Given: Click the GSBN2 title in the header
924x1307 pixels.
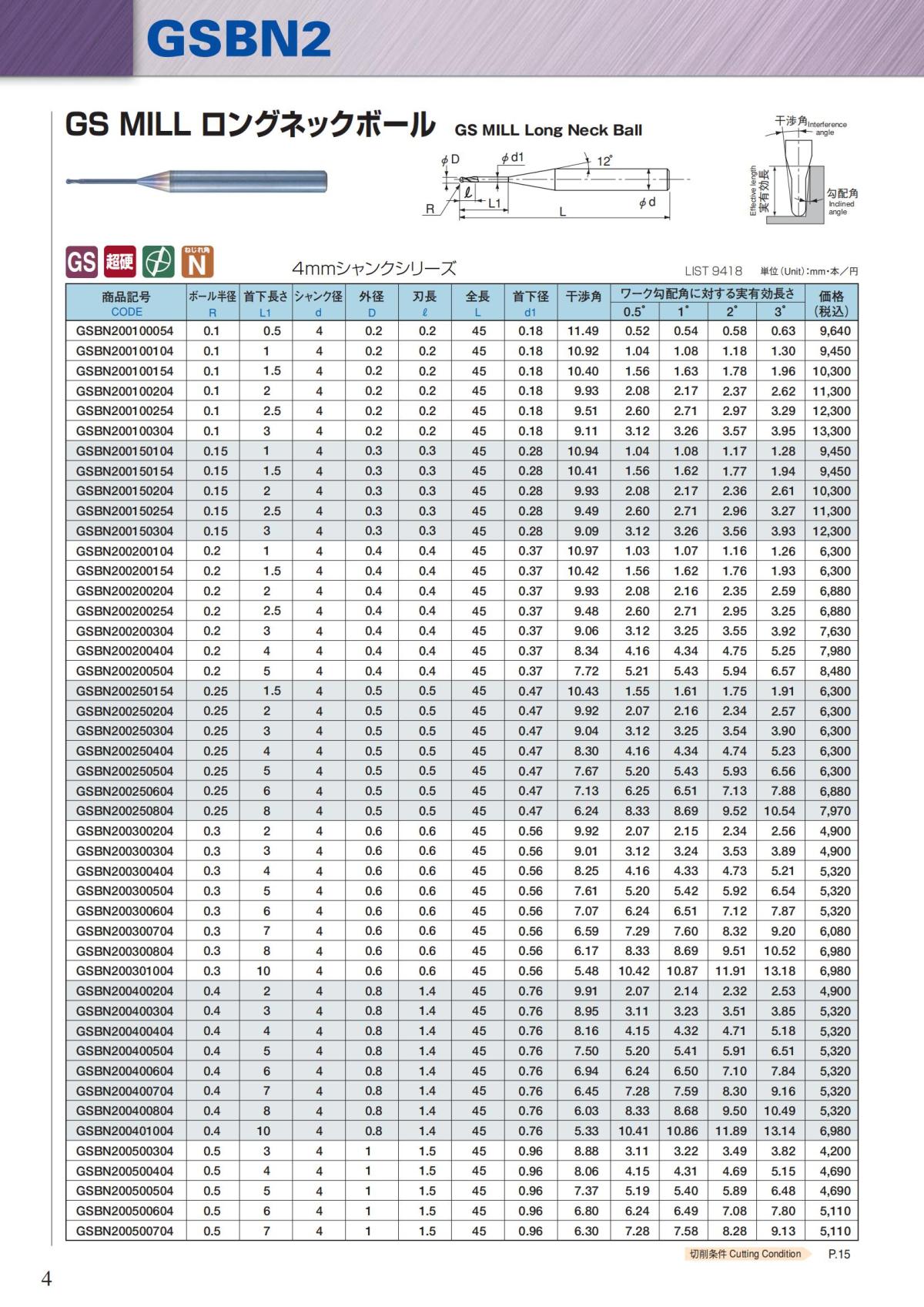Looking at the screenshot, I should [x=239, y=39].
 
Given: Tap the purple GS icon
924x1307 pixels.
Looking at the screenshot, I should [x=82, y=263].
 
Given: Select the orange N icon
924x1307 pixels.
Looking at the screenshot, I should [x=197, y=263].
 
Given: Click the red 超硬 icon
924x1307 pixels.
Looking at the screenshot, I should [x=119, y=263].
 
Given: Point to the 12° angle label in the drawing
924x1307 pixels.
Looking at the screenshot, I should [x=604, y=161].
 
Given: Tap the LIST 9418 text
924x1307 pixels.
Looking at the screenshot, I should [x=713, y=271].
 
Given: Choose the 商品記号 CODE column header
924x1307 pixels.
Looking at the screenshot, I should [x=126, y=303].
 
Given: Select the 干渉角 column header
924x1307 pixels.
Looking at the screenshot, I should [x=583, y=297].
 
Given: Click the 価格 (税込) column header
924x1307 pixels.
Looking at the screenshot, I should [x=832, y=303].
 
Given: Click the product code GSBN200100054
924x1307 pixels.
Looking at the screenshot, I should [x=125, y=331].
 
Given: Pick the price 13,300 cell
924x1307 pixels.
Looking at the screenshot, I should [x=832, y=431].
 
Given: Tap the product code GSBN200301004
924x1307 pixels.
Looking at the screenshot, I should [x=125, y=971].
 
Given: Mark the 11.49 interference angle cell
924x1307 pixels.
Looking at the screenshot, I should [x=583, y=331].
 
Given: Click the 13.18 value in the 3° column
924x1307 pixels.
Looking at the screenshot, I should [x=779, y=971].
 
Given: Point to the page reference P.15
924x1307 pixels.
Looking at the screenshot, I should [x=839, y=1254].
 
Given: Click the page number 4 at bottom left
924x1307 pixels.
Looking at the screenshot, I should [x=46, y=1279].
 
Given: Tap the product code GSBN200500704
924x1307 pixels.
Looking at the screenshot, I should [x=125, y=1232].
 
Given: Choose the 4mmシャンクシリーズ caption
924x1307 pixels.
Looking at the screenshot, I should [x=373, y=269].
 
